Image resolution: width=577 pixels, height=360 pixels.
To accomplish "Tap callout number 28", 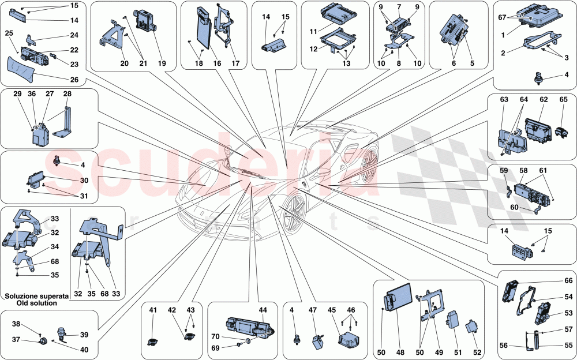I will (67, 93).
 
